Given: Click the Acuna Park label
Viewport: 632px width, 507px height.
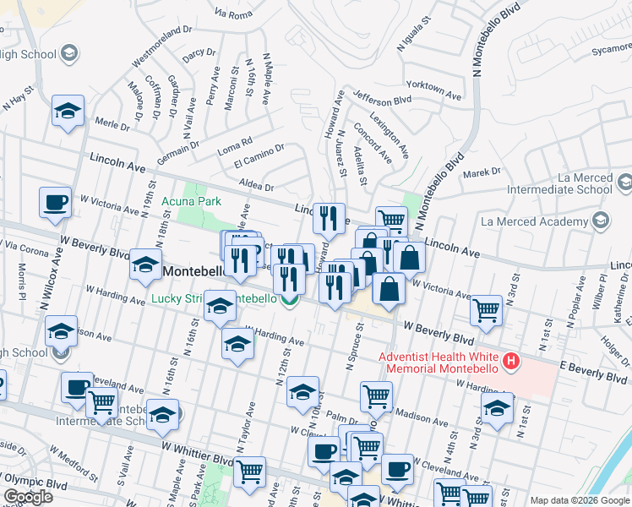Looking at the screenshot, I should point(197,201).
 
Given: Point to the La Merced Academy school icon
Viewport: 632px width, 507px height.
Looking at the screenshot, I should point(601,221).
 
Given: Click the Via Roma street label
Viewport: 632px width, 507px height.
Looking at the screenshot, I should point(234,14).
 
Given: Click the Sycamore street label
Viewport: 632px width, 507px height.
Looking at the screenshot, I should point(611,50).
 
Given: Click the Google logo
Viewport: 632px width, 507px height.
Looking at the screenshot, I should point(28,496).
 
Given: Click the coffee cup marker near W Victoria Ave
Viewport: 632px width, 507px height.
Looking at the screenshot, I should point(56,203).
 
